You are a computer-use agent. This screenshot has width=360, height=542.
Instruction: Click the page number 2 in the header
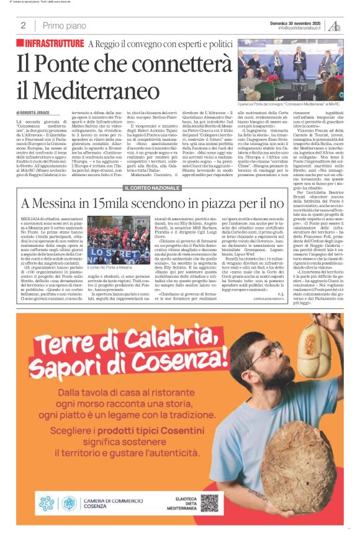click(x=23, y=25)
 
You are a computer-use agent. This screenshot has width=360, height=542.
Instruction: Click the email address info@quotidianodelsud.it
click(x=300, y=28)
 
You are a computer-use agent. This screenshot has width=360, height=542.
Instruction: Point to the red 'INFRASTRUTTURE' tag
click(x=54, y=43)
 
